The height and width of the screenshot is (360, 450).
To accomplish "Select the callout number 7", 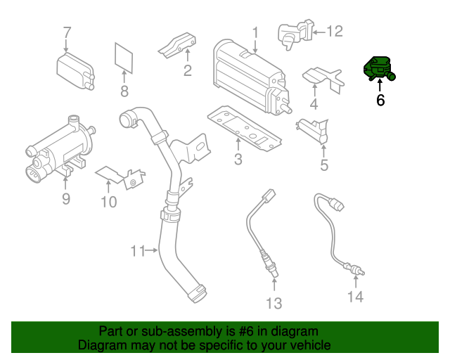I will [67, 32].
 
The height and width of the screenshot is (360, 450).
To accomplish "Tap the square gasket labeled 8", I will [124, 57].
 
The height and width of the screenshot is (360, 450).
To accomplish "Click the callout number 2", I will [188, 70].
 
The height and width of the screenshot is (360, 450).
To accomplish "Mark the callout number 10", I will [108, 202].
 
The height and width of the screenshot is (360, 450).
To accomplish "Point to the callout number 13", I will [274, 303].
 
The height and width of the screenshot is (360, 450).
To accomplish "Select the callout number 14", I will [355, 297].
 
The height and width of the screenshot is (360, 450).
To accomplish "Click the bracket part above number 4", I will [322, 77].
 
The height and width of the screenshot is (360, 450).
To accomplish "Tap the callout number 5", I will [324, 166].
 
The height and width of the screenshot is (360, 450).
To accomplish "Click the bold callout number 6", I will [380, 101].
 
